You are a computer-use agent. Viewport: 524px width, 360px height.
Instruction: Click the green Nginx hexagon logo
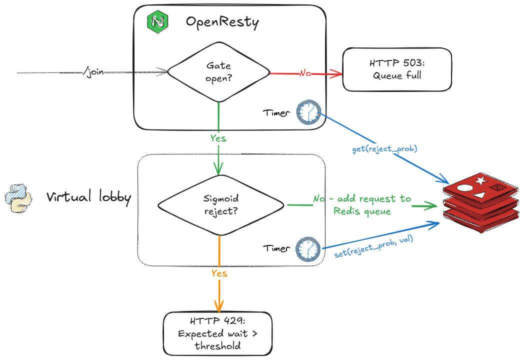[158, 22]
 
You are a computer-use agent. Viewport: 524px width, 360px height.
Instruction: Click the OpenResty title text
[222, 22]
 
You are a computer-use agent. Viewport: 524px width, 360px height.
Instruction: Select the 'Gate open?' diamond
[218, 72]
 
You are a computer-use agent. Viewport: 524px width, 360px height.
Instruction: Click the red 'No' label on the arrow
[305, 73]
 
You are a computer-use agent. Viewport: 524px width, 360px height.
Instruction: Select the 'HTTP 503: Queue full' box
[396, 69]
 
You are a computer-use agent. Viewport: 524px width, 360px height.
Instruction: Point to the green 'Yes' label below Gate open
[218, 138]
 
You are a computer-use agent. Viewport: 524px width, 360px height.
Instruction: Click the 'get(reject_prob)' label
[384, 149]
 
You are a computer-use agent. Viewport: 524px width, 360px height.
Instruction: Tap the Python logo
[18, 198]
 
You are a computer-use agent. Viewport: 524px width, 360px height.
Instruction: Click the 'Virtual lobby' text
[88, 197]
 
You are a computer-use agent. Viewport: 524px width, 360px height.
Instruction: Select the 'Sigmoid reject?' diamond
[220, 205]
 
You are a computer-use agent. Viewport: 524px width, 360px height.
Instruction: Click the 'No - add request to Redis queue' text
[362, 204]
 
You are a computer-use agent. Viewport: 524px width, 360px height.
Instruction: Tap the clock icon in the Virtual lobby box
[307, 248]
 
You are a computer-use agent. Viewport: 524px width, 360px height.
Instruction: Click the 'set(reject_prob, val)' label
[376, 247]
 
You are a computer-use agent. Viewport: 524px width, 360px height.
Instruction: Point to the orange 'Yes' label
[219, 273]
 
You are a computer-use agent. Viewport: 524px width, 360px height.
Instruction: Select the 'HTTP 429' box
[217, 333]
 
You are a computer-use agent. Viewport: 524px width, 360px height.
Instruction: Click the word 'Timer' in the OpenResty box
[276, 113]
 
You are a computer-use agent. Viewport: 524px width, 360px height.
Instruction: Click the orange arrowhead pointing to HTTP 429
[218, 305]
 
